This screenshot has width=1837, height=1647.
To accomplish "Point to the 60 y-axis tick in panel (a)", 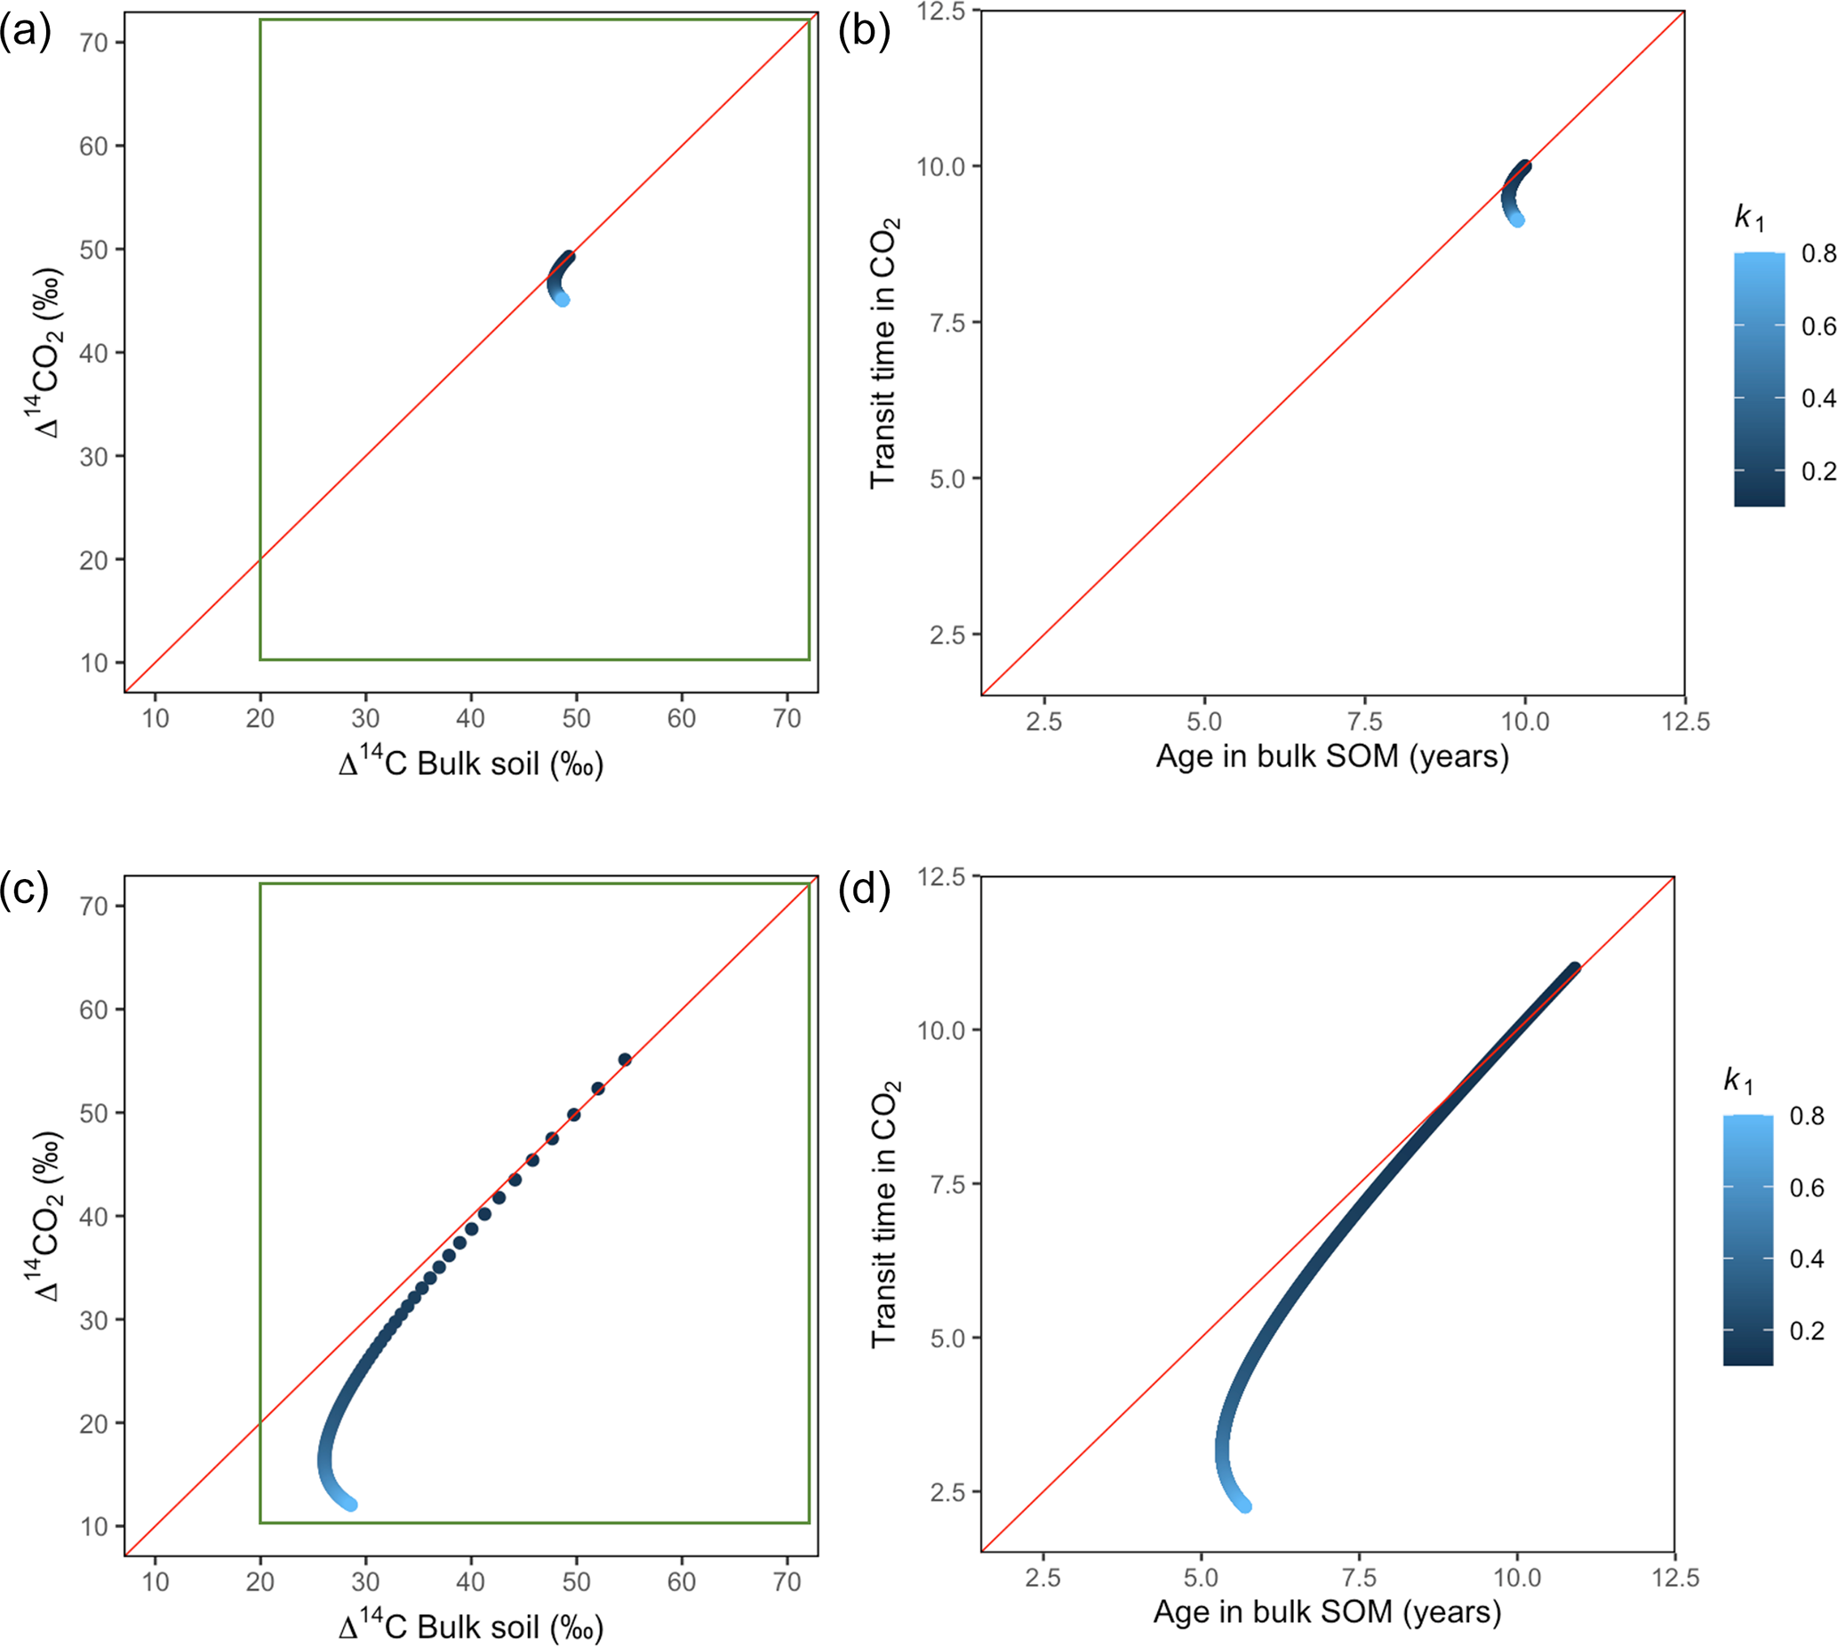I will (x=93, y=146).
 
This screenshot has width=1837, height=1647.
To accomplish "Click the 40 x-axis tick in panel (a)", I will (x=470, y=719).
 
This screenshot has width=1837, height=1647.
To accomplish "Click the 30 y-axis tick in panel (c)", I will (x=93, y=1319).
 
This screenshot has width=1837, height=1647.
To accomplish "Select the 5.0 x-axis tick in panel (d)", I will (x=1201, y=1578).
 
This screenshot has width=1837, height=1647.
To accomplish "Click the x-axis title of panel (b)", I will (x=1332, y=756).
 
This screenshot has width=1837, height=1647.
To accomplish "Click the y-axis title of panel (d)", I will (x=884, y=1212).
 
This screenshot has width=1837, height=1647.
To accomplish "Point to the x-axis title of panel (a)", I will (x=470, y=764).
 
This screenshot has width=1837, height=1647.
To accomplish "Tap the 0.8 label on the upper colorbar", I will (x=1818, y=253).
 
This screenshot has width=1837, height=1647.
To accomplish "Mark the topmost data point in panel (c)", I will (x=625, y=1059).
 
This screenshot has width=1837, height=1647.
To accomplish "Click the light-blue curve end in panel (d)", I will (x=1246, y=1507).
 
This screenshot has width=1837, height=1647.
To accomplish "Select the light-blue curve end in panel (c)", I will (x=351, y=1505).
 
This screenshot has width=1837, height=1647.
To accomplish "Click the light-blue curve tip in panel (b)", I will (x=1518, y=220).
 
